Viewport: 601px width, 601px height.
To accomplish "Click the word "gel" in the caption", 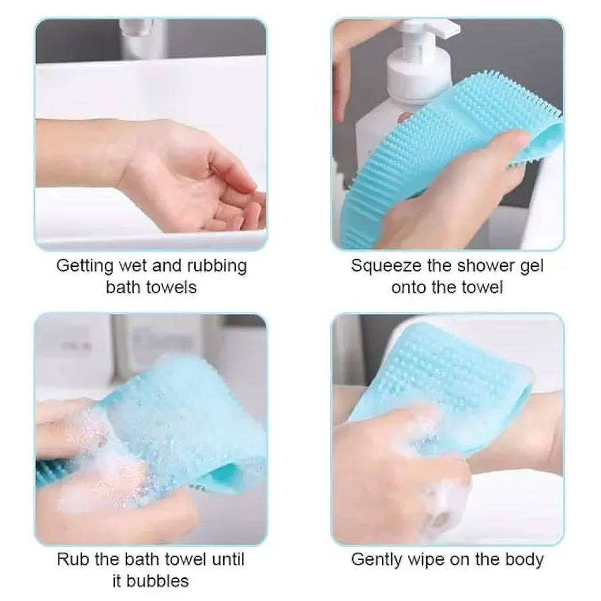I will [530, 266].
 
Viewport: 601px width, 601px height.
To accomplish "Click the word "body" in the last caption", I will [524, 559].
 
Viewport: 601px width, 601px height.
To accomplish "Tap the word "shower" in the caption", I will [481, 266].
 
